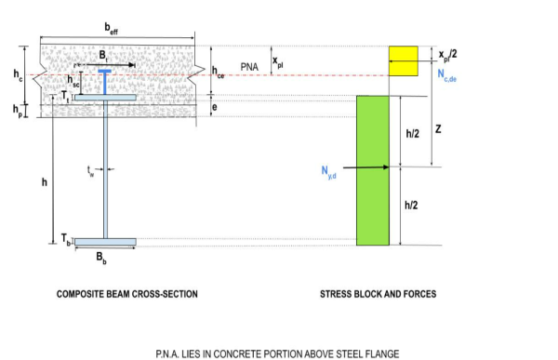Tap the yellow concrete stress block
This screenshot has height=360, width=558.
(x=405, y=60)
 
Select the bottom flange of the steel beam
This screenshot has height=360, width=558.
(x=105, y=242)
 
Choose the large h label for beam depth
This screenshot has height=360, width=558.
(x=44, y=182)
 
